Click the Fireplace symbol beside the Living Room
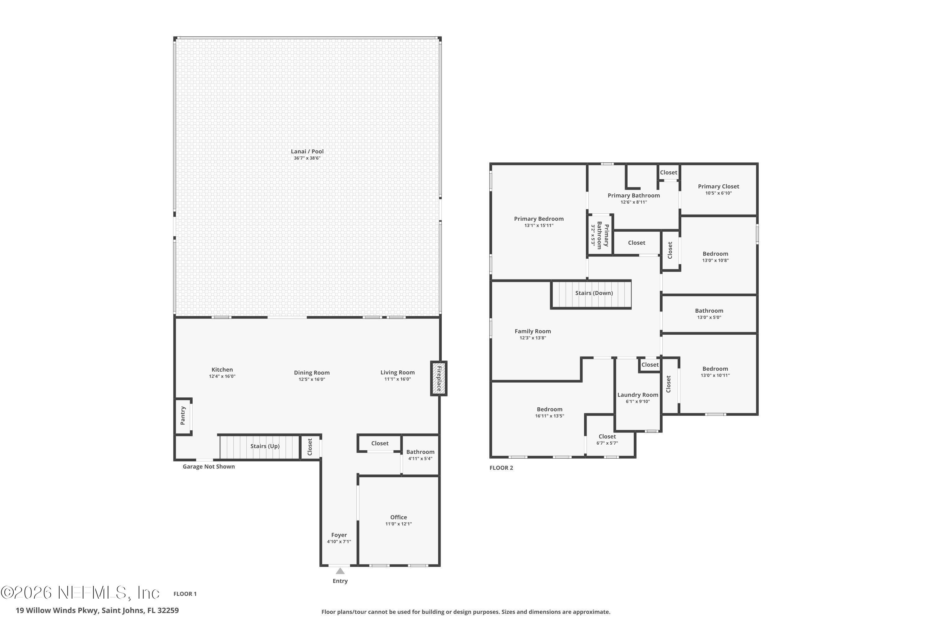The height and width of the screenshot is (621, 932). (439, 378)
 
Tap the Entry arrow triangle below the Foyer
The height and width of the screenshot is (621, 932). (340, 571)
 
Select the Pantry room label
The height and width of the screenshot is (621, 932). (183, 415)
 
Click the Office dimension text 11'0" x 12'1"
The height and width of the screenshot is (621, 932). (398, 524)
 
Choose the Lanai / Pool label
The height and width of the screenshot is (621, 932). (307, 151)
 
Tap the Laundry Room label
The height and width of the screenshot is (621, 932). (637, 395)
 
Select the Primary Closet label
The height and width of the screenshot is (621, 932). (718, 187)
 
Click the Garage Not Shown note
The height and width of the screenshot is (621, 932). (208, 467)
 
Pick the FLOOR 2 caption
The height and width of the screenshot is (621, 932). (501, 468)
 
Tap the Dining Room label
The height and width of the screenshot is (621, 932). (312, 373)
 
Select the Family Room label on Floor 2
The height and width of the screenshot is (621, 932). (532, 332)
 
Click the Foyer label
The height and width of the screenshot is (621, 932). (339, 535)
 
